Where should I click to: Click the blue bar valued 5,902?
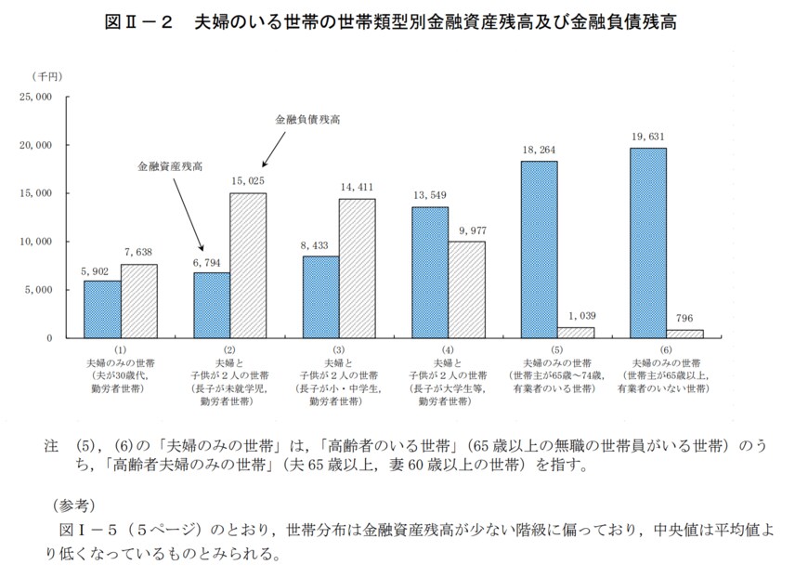[102, 309]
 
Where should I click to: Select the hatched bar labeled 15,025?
[248, 266]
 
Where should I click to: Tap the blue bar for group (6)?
[647, 243]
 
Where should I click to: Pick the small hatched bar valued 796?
[684, 334]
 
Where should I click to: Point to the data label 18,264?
[539, 149]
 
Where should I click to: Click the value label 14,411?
[358, 186]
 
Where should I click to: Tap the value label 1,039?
[576, 315]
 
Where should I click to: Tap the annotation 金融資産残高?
[170, 166]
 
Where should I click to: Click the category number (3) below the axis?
[338, 349]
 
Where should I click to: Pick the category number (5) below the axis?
[556, 349]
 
